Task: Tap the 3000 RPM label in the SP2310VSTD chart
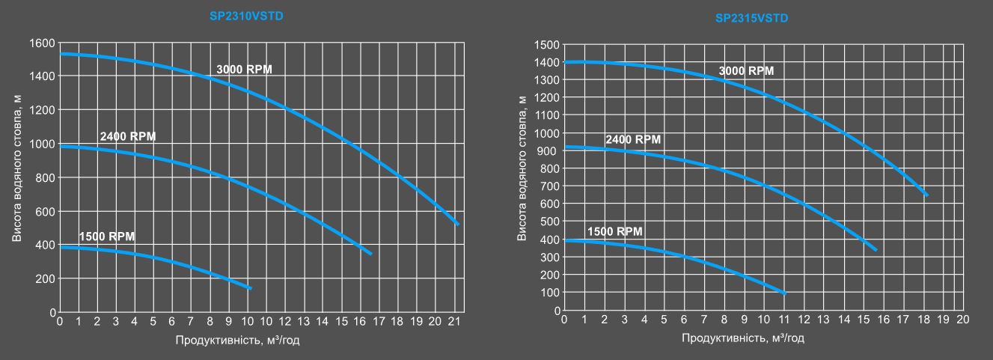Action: [245, 70]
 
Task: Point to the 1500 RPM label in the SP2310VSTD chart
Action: [107, 236]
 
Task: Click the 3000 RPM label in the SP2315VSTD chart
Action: [746, 71]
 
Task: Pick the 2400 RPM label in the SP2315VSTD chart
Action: [633, 140]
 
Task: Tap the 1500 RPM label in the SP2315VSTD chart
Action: [614, 231]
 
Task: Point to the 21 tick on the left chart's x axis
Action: [454, 322]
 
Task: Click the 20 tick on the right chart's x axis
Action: [963, 320]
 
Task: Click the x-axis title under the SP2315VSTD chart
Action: [742, 338]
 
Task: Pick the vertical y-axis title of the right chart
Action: [522, 177]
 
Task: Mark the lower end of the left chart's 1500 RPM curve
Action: [251, 288]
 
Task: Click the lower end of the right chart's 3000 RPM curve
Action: [927, 195]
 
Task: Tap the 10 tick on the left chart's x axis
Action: [247, 322]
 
